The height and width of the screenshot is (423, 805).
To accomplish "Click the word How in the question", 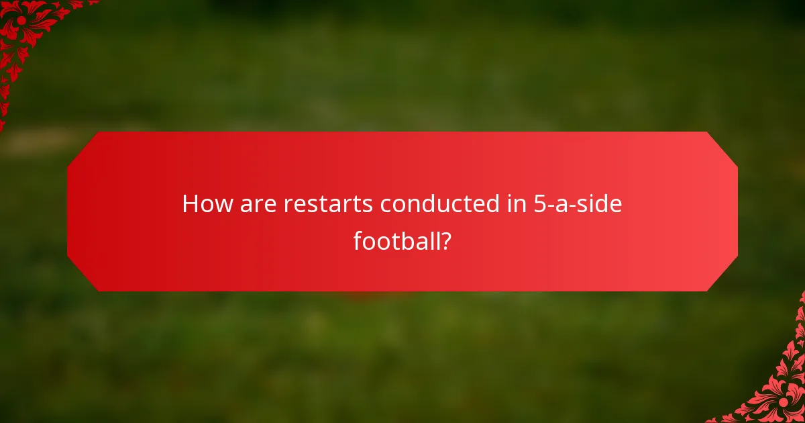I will pos(203,204).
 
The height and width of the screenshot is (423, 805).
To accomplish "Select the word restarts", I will pos(324,204).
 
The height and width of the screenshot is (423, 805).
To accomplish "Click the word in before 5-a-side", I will pos(516,204).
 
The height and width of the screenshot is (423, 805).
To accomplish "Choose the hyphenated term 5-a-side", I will pos(578,204).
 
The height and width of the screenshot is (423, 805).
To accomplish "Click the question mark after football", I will pos(445,240).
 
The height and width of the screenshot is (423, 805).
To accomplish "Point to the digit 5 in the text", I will pos(539,204).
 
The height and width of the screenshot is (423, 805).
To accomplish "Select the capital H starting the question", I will pos(191,204).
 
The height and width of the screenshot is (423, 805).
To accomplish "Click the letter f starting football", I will pos(358,240).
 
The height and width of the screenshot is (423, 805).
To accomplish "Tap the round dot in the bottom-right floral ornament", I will pos(783,402).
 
